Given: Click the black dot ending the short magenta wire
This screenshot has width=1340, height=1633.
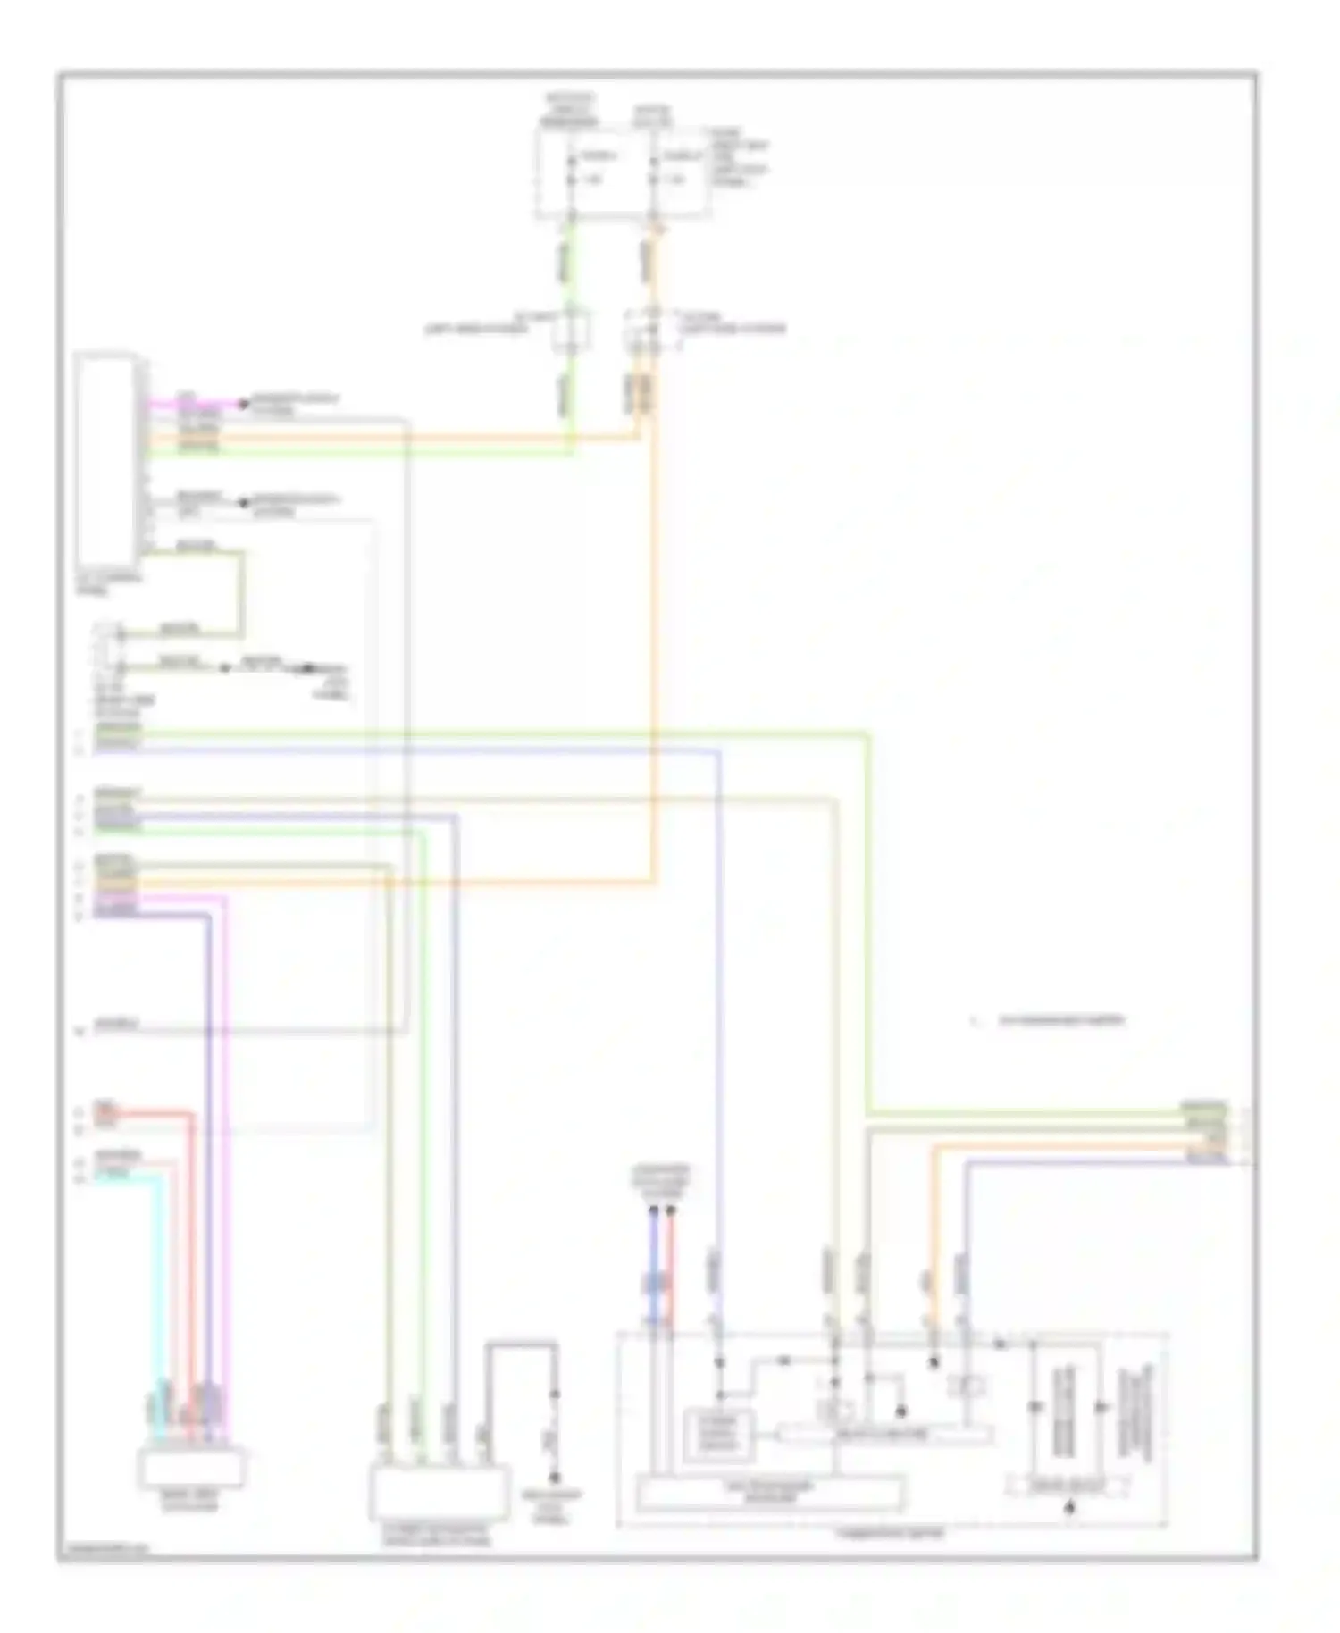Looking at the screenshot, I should pos(241,405).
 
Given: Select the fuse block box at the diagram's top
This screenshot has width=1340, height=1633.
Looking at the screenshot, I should pos(624,172).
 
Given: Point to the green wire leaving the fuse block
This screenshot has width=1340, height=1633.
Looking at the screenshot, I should pos(572,268).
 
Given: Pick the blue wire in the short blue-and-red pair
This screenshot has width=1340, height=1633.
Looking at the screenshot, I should pos(654,1269).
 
